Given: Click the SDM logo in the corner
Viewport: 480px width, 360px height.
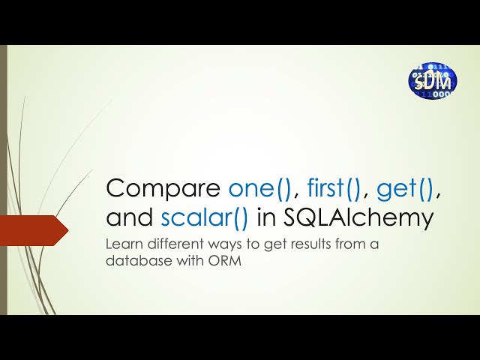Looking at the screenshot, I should [433, 81].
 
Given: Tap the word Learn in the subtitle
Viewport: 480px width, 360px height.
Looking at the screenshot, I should [124, 244].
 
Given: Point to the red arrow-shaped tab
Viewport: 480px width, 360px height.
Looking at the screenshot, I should [34, 230].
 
